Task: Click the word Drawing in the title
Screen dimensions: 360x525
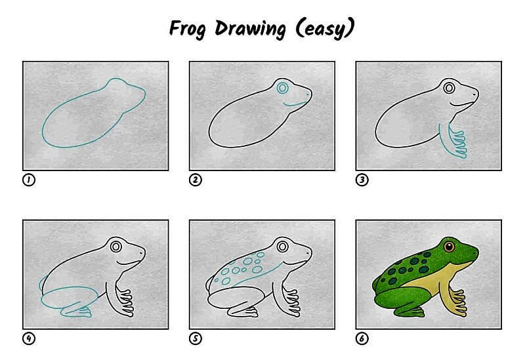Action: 248,30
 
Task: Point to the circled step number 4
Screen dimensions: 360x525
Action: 28,338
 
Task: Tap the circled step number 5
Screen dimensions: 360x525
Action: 195,338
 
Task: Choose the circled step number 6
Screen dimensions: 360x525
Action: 362,338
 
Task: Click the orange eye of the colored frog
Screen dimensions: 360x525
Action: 450,247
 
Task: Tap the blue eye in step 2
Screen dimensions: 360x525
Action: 283,87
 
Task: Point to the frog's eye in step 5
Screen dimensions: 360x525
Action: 283,247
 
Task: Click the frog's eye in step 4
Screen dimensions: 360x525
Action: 116,247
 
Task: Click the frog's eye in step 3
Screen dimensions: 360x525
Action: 450,87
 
